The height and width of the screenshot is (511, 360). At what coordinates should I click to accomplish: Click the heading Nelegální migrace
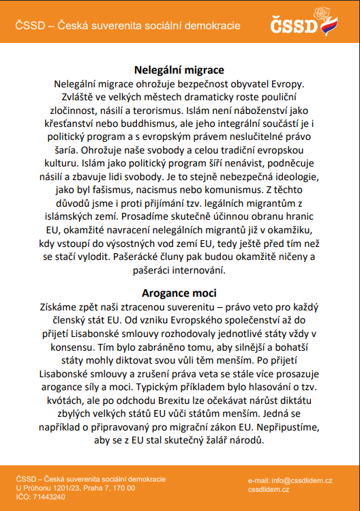(179, 70)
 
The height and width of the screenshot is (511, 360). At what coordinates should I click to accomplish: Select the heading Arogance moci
(179, 294)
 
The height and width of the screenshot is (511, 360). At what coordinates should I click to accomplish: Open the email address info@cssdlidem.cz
(300, 482)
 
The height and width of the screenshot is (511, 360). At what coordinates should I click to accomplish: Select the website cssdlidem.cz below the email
(269, 490)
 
